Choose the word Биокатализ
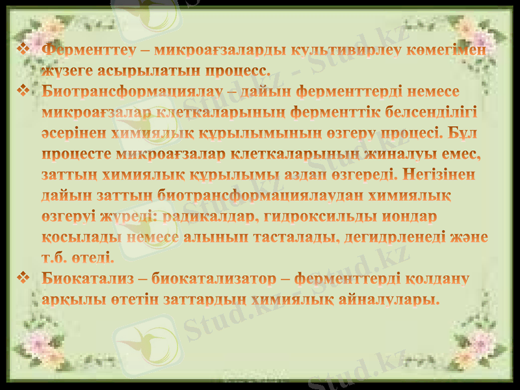(88, 279)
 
